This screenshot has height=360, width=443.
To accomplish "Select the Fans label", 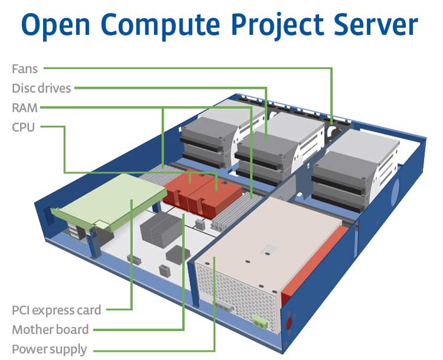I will pyautogui.click(x=25, y=69).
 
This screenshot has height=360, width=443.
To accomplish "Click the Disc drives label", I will pyautogui.click(x=41, y=89).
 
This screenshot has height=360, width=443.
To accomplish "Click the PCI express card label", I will pyautogui.click(x=56, y=310).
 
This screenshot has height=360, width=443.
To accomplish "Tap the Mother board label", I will pyautogui.click(x=50, y=329).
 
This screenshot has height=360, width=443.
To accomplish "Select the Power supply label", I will pyautogui.click(x=49, y=349).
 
